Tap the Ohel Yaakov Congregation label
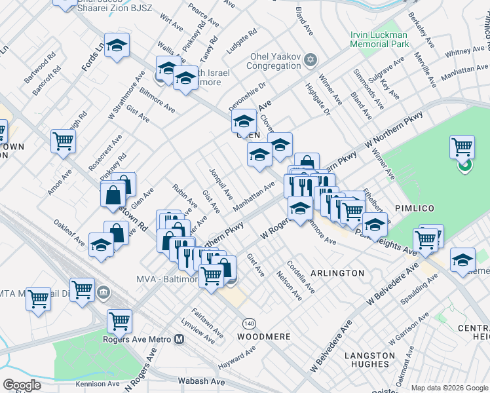[x=273, y=60]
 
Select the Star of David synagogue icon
[x=311, y=60]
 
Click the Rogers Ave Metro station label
[x=138, y=339]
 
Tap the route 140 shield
[x=249, y=324]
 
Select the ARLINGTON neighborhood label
[x=337, y=272]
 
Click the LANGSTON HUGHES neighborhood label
[x=369, y=361]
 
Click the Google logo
[x=22, y=384]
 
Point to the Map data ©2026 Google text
[x=449, y=388]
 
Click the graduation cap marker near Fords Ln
[x=117, y=45]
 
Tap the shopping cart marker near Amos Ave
[x=63, y=140]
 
